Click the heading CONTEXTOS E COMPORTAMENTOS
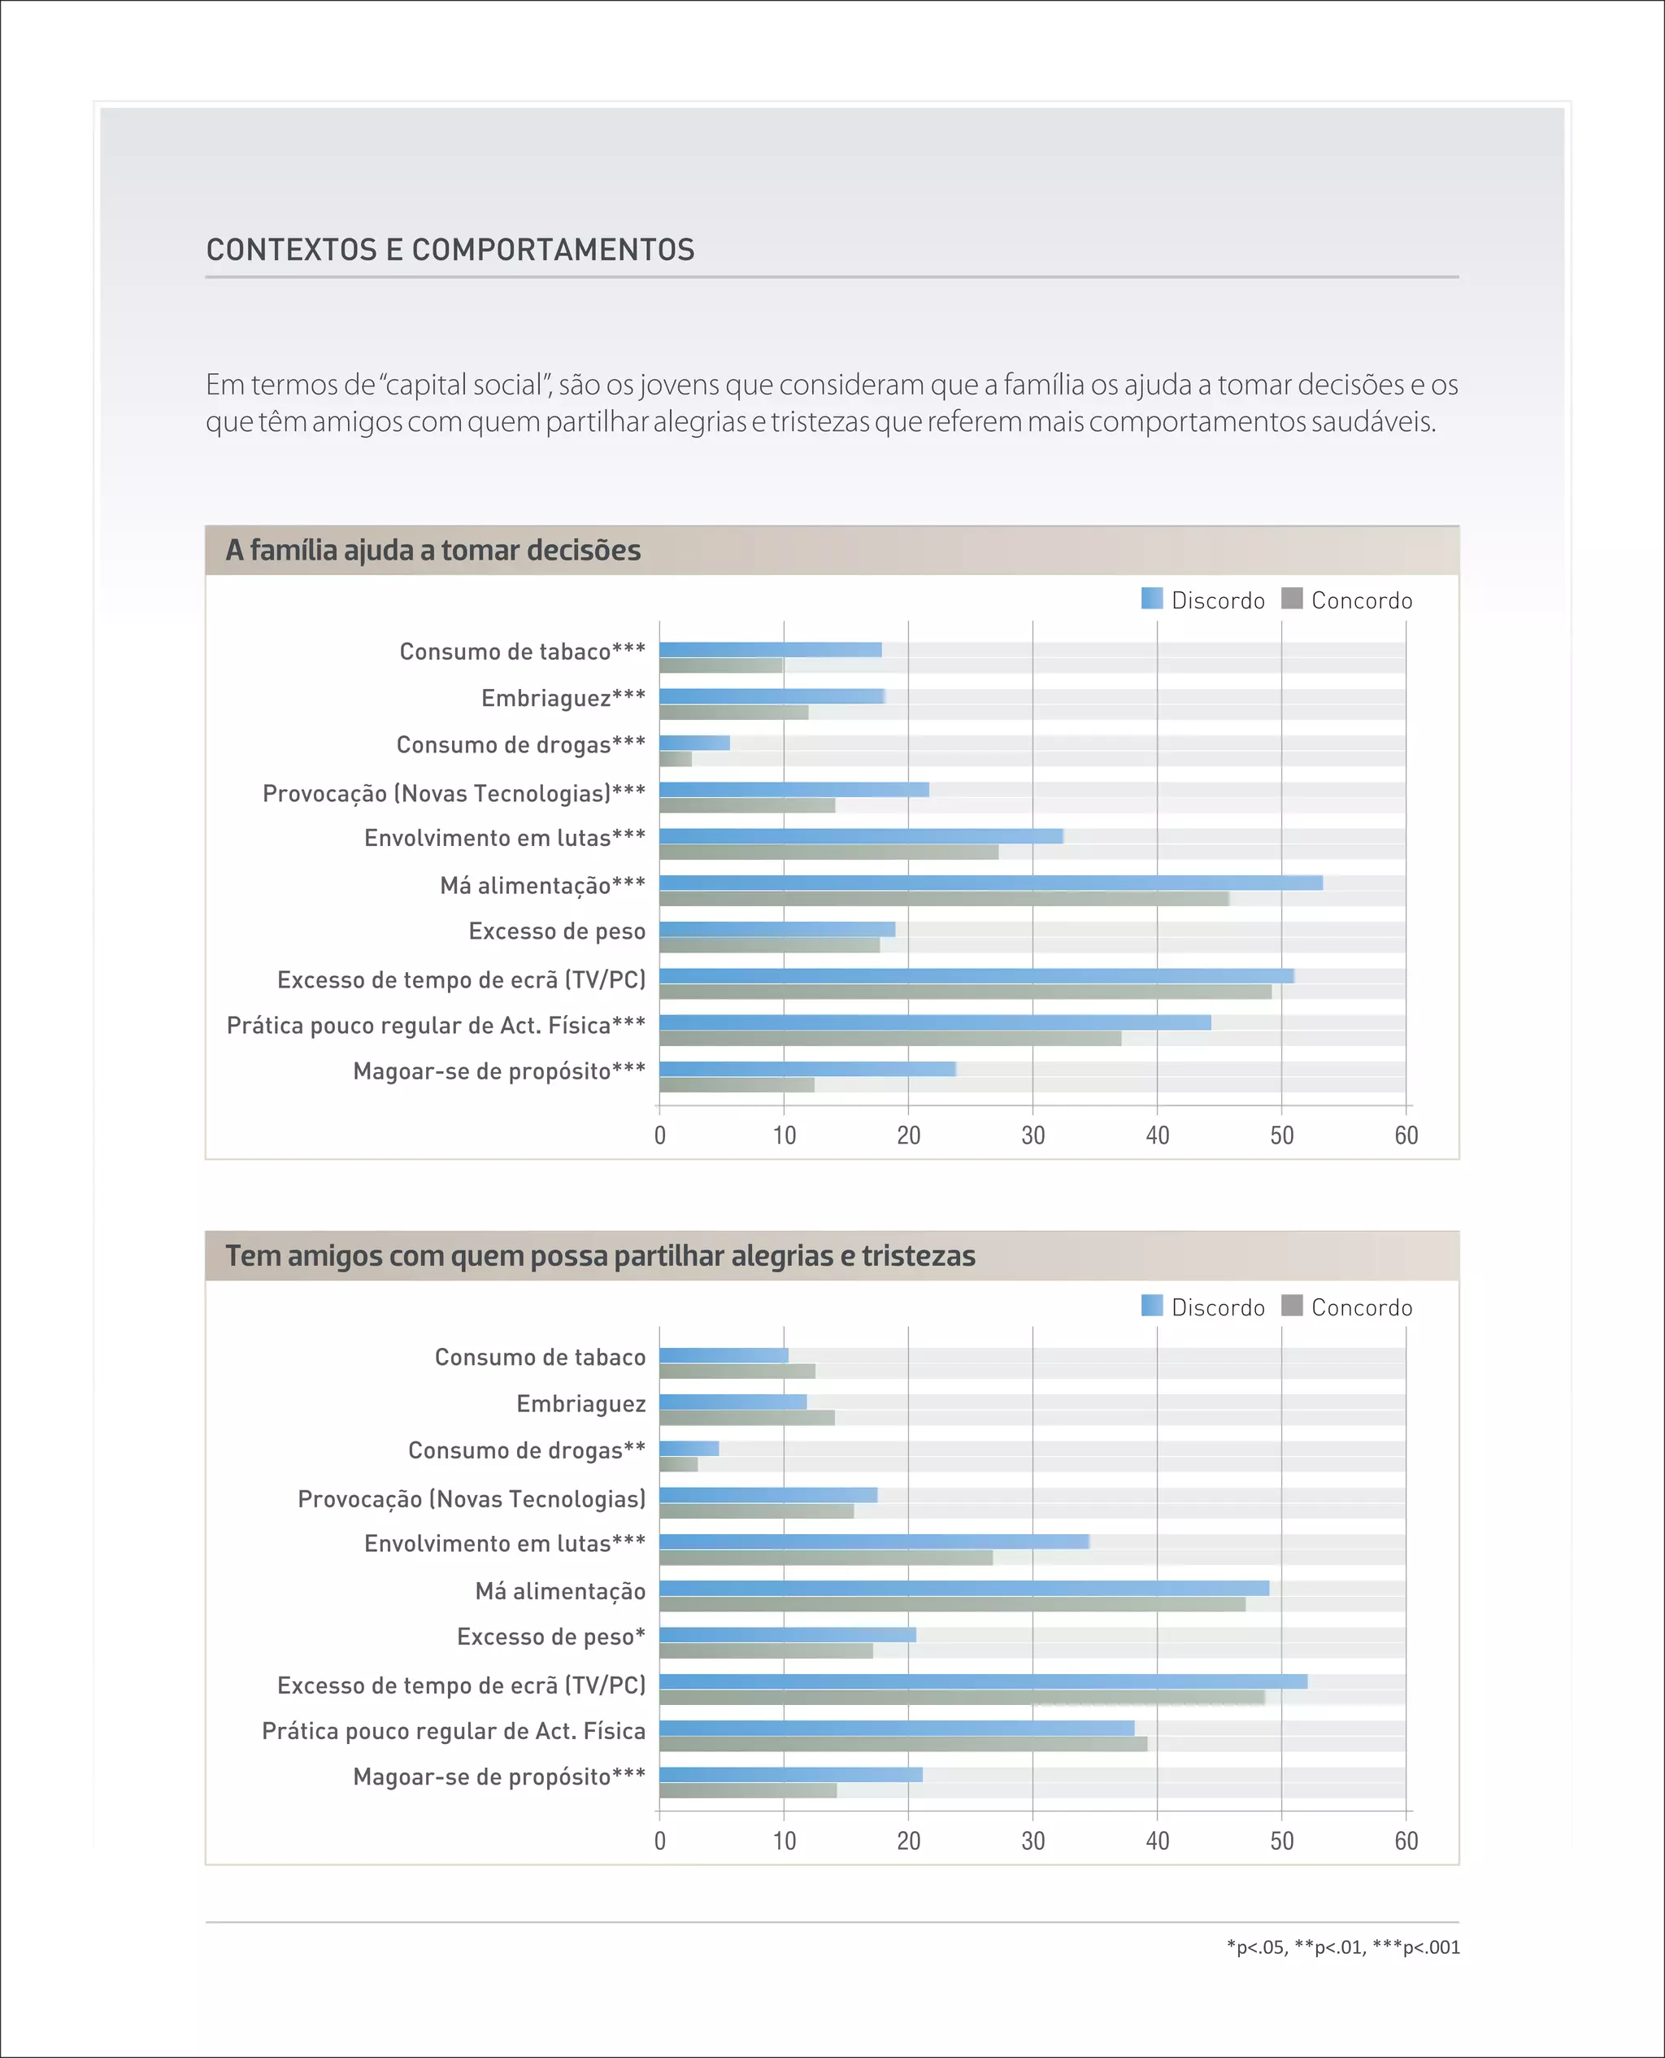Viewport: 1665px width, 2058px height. click(x=450, y=251)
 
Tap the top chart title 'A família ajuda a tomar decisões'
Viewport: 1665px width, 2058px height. click(x=433, y=551)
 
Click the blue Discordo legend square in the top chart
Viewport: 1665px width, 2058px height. click(x=1151, y=599)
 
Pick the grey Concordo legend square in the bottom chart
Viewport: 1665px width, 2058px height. click(x=1291, y=1306)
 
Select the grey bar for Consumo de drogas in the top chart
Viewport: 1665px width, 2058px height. click(x=676, y=759)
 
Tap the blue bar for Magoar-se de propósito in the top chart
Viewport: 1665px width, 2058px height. click(x=806, y=1069)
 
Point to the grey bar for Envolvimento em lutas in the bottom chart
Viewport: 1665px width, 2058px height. click(x=825, y=1558)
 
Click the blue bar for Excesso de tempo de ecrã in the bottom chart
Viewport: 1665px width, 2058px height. click(x=982, y=1681)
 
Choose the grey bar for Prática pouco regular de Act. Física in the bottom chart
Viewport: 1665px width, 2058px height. click(x=902, y=1744)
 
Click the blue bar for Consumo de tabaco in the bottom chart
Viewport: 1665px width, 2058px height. click(x=724, y=1356)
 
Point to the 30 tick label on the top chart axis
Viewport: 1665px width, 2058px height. click(x=1033, y=1136)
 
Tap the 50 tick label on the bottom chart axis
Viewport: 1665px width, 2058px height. click(x=1281, y=1841)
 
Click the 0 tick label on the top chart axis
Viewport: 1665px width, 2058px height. click(x=660, y=1136)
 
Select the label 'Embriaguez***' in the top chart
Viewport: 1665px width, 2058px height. click(x=563, y=699)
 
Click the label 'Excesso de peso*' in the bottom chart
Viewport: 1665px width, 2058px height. click(x=550, y=1637)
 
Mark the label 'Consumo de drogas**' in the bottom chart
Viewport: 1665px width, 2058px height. click(x=527, y=1450)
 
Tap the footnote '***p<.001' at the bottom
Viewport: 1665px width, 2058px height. click(x=1415, y=1947)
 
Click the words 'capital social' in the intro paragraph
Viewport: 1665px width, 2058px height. click(x=464, y=386)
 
